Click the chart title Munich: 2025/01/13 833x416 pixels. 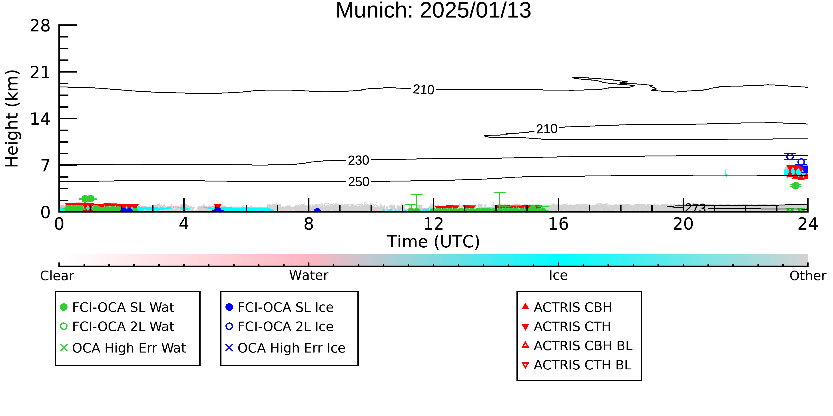[433, 10]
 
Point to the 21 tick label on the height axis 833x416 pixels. [40, 72]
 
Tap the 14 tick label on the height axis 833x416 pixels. [40, 119]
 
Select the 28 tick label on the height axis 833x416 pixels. [40, 26]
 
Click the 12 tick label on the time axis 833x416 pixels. [433, 224]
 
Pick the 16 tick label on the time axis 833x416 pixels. [558, 224]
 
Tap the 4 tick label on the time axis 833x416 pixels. [184, 224]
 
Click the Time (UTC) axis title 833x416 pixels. [433, 242]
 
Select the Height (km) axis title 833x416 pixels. [12, 118]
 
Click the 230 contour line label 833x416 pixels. [358, 160]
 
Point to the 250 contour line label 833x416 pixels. [359, 182]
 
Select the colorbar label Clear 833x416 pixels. [57, 276]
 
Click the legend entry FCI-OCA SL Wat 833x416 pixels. [117, 307]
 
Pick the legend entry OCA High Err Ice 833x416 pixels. [285, 348]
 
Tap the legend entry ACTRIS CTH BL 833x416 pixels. [577, 365]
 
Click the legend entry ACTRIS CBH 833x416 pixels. [567, 307]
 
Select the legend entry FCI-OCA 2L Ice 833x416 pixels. [280, 327]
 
